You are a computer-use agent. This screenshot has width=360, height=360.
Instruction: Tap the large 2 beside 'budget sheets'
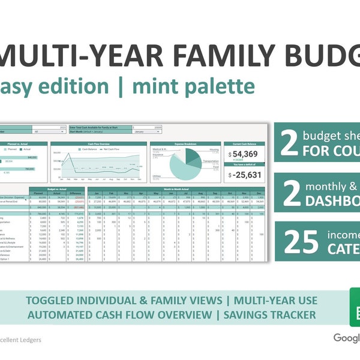pos(289,143)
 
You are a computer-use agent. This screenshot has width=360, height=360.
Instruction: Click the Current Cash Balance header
pos(242,144)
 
